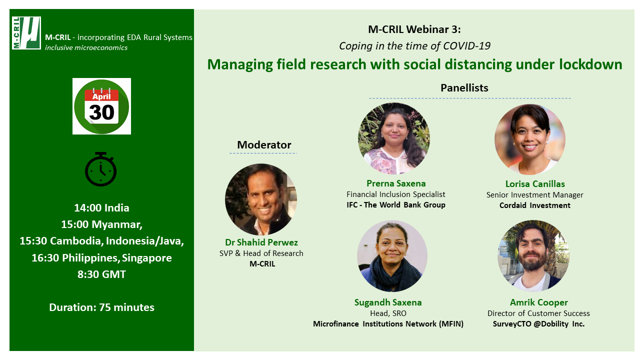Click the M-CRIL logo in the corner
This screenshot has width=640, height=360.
tap(26, 33)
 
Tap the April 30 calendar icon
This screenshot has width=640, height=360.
tap(101, 106)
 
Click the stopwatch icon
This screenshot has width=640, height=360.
tap(101, 169)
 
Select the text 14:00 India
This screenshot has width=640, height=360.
tap(101, 207)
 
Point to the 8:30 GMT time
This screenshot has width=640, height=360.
tap(101, 274)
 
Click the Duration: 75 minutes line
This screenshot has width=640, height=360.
tap(101, 307)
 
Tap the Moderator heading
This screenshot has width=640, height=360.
tap(264, 145)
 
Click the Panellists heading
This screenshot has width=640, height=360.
tap(464, 87)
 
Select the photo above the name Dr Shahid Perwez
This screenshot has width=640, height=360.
tap(261, 199)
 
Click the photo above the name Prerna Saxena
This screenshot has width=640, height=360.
tap(394, 138)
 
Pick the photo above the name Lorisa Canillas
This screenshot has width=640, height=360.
tap(530, 139)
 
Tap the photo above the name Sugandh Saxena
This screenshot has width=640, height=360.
tap(392, 256)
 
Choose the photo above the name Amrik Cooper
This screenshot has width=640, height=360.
tap(533, 256)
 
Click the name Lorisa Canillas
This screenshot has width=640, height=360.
tap(535, 184)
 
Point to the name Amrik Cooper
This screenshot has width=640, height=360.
tap(539, 302)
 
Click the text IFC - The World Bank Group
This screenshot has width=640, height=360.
tap(396, 205)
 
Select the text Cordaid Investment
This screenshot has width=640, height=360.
tap(535, 205)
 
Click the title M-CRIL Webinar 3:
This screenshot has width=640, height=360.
tap(414, 29)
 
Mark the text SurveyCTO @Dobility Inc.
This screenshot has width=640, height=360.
tap(538, 324)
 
